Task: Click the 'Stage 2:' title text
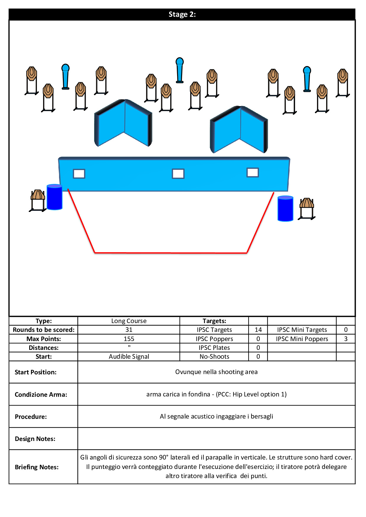coord(182,14)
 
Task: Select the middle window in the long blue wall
coord(178,174)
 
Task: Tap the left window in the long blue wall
coord(79,174)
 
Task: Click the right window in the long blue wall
coord(253,172)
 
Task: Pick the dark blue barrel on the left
coord(55,197)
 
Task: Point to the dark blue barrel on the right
coord(285,208)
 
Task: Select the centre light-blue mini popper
coord(179,70)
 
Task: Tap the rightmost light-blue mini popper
coord(307,79)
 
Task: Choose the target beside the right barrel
coord(307,209)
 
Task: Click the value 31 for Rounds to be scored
coord(129,330)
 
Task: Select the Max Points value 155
coord(129,339)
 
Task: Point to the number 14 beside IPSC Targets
coord(258,330)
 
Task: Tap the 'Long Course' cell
coord(129,321)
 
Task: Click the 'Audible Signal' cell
coord(129,357)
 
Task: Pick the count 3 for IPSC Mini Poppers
coord(346,339)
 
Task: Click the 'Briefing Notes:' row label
coord(37,467)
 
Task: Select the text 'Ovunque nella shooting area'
coord(216,372)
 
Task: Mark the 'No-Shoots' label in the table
coord(214,357)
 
